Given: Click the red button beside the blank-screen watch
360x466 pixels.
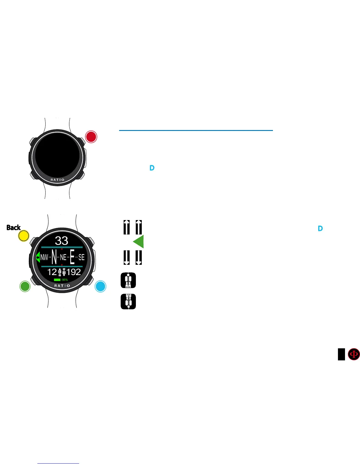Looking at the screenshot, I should point(91,137).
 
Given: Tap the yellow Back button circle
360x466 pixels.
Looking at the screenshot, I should point(24,236).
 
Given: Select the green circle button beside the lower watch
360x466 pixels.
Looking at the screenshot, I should point(25,286).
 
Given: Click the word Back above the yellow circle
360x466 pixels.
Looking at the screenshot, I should point(14,227).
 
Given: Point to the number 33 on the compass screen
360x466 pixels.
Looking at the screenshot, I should point(61,241).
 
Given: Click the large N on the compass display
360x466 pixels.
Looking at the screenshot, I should point(54,257).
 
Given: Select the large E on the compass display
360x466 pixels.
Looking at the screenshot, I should point(72,257).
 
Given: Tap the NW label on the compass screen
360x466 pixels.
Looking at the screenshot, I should point(44,257).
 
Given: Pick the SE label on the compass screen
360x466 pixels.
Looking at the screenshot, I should point(81,257).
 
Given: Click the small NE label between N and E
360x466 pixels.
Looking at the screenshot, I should point(63,257).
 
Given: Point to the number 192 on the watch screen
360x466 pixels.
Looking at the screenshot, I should point(74,272).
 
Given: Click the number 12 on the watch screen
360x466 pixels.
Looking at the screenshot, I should point(52,272).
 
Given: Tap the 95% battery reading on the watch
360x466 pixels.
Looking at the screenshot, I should point(65,280).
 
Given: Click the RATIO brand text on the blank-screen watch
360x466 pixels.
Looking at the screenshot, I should point(57,180).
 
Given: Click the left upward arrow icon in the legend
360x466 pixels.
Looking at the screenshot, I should point(127,227).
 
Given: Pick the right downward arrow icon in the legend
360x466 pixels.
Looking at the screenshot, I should point(139,257).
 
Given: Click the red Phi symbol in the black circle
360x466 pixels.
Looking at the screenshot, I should point(354,354).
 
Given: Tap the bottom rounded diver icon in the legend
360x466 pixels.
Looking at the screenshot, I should point(128,302).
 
